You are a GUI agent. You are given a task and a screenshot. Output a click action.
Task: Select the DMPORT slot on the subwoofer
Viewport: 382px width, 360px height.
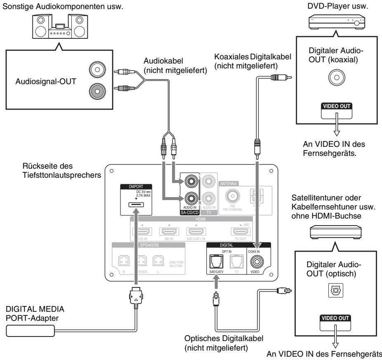click(135, 204)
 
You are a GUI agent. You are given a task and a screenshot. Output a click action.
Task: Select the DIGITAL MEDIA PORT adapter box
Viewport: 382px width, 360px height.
click(31, 329)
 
